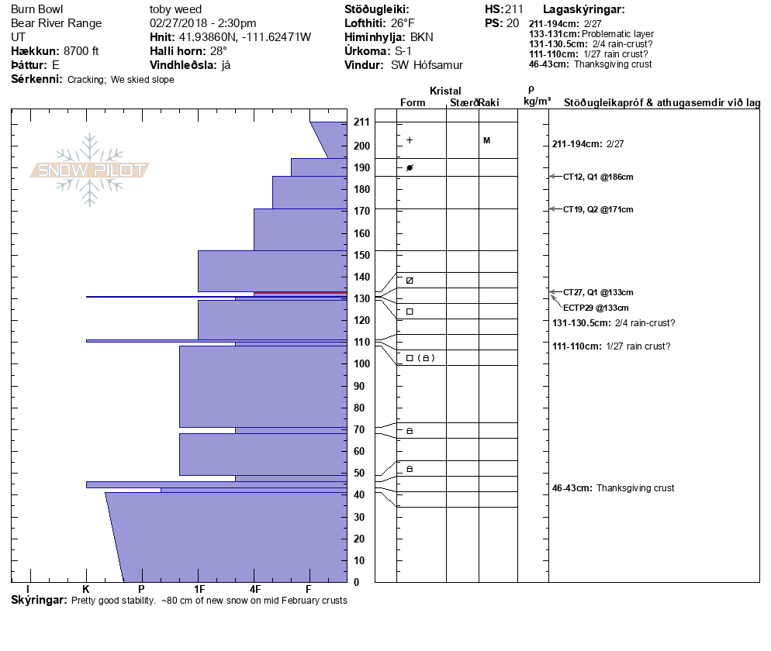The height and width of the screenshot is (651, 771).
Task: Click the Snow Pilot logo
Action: [90, 170]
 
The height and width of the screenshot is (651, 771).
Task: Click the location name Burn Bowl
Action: [37, 9]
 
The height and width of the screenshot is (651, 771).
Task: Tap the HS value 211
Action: [514, 9]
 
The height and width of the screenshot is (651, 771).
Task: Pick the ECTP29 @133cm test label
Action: [596, 308]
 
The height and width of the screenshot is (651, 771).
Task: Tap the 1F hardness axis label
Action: [199, 590]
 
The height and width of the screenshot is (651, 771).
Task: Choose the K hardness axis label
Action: [86, 590]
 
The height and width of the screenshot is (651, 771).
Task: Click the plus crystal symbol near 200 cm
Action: [410, 140]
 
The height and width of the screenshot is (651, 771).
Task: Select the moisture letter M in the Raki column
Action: [486, 140]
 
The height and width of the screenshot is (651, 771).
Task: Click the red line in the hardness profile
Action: [300, 293]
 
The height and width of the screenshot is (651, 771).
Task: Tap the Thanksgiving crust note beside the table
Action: [634, 488]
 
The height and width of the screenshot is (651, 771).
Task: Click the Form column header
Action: [412, 102]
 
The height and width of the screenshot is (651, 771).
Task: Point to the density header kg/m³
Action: [537, 102]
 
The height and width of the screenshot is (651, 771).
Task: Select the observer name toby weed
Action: [175, 9]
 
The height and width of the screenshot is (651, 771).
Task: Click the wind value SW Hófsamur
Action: [427, 65]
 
